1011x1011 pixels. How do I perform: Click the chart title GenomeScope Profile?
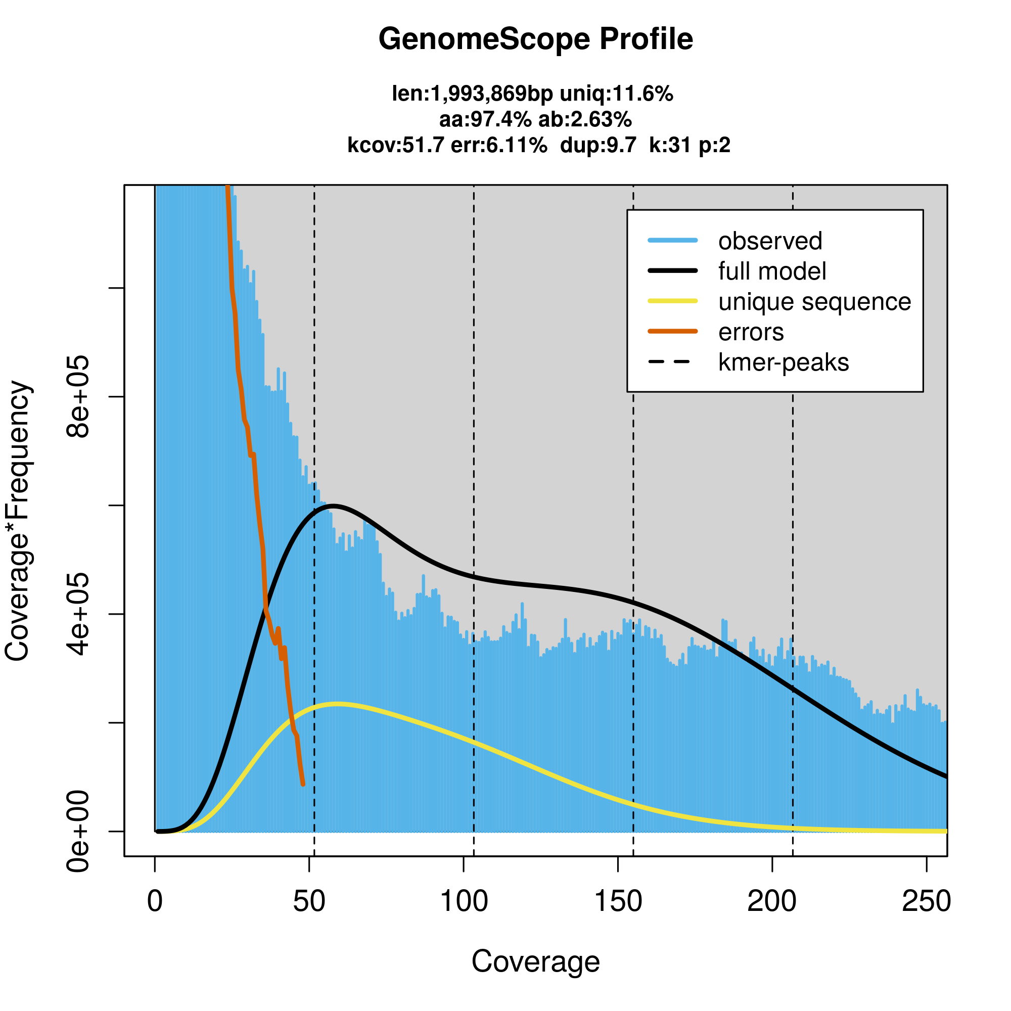[x=535, y=39]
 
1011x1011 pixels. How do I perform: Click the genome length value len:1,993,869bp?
[x=472, y=94]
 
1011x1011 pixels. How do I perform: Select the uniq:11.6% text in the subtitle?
[x=616, y=94]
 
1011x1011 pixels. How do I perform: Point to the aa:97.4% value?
[x=485, y=120]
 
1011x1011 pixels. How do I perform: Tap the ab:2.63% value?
[x=585, y=120]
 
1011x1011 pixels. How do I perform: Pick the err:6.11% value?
[x=499, y=145]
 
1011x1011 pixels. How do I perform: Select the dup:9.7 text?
[x=598, y=145]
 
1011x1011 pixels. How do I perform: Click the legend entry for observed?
[x=770, y=241]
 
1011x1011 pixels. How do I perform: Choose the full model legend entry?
[x=772, y=271]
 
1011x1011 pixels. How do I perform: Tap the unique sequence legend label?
[x=814, y=302]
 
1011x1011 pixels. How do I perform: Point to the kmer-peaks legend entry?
[x=784, y=362]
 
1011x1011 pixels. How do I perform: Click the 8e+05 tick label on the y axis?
[x=77, y=397]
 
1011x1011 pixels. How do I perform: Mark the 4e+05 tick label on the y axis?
[x=77, y=614]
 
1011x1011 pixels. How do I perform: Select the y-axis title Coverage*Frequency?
[x=18, y=521]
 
